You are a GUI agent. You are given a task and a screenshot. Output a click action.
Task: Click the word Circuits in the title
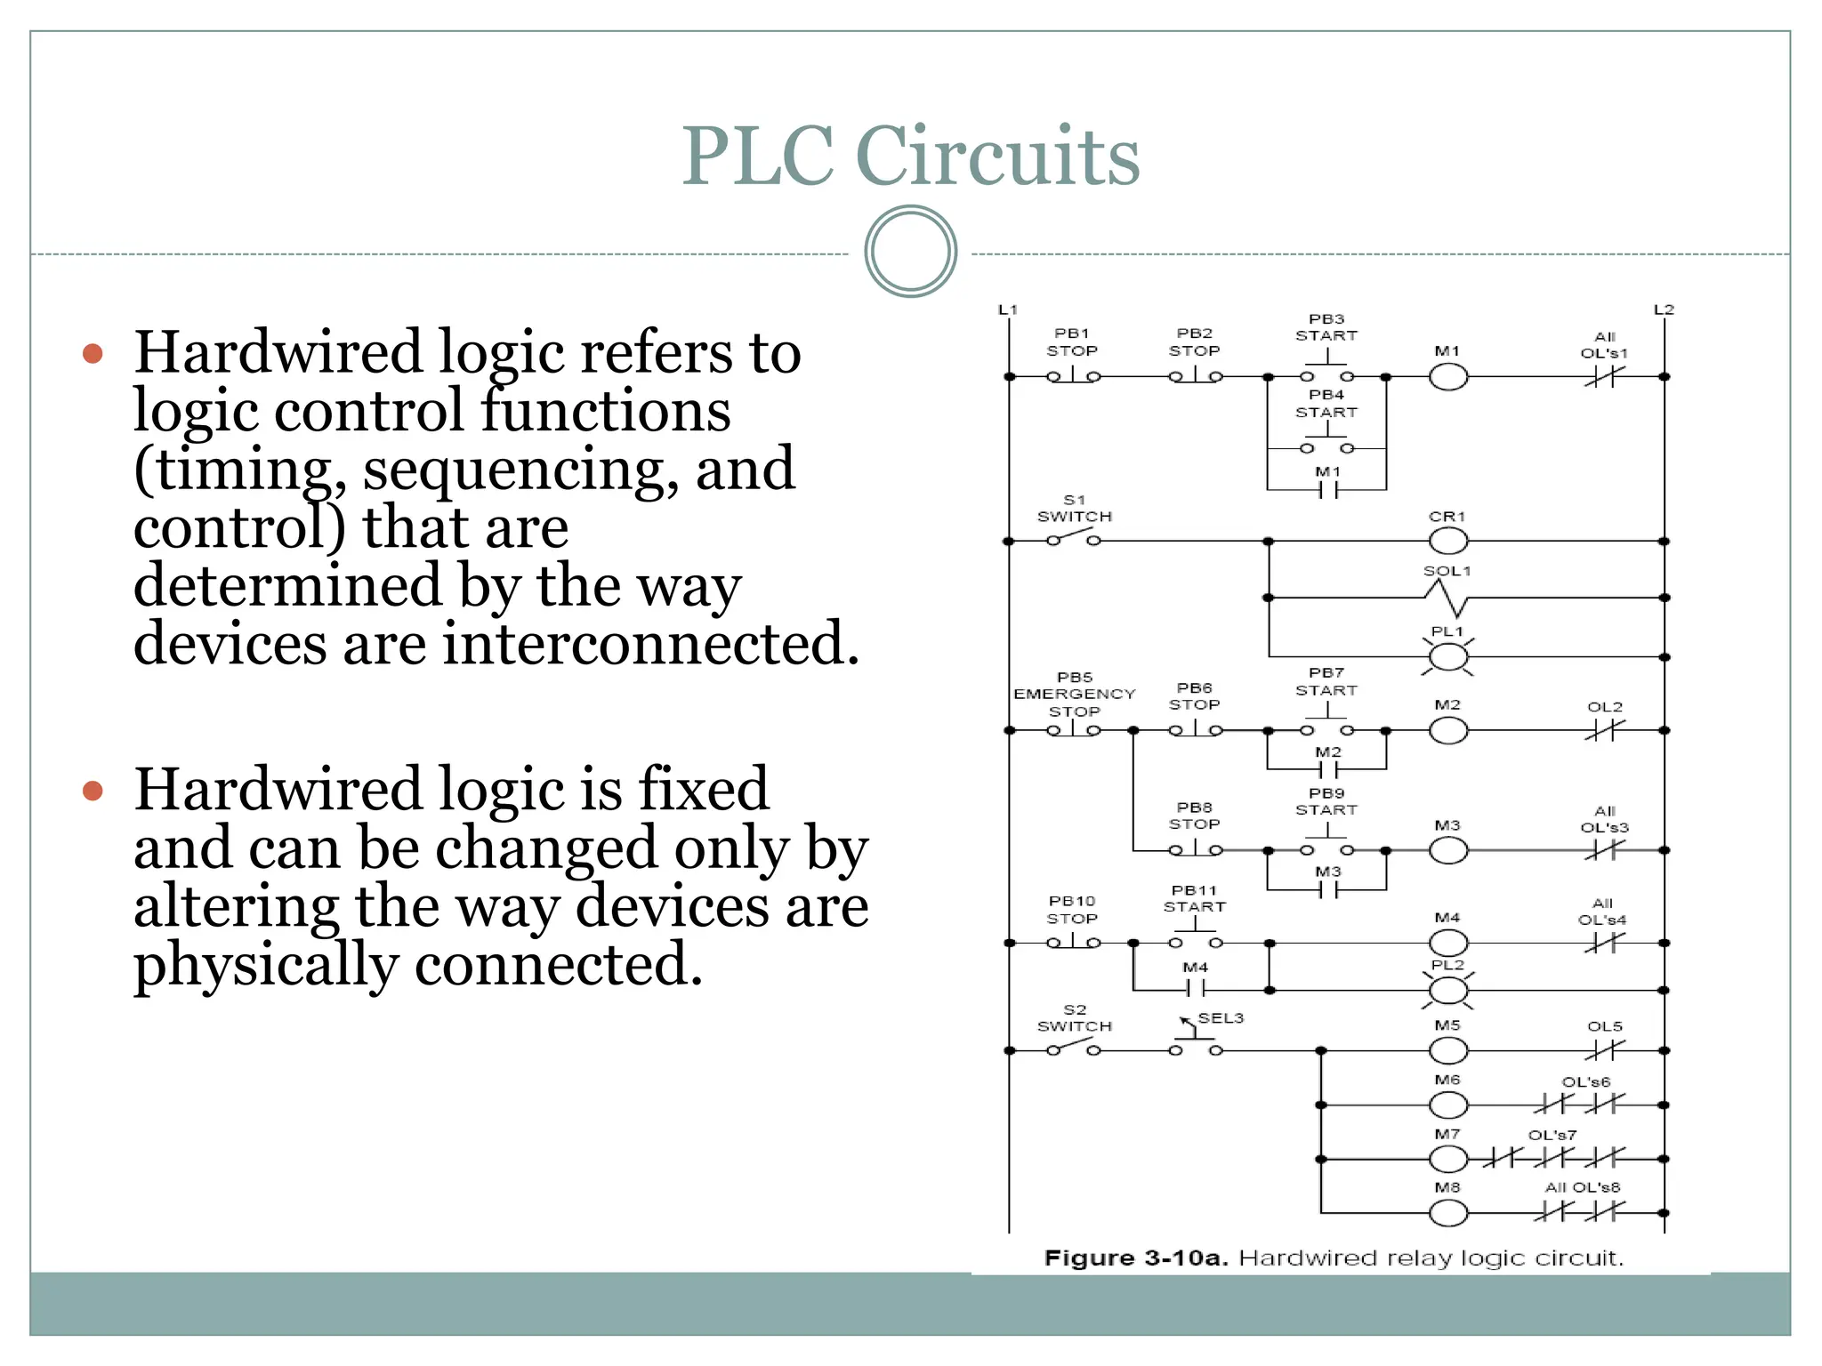[x=997, y=157]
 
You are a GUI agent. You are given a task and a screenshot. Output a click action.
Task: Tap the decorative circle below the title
[x=910, y=252]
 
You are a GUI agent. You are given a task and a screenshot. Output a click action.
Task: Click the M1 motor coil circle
[x=1447, y=377]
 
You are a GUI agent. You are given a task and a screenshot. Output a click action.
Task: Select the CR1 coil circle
[x=1447, y=541]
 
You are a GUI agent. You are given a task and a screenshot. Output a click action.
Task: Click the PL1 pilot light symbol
[x=1447, y=657]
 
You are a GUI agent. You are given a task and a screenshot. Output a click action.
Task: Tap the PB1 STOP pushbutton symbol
[x=1073, y=376]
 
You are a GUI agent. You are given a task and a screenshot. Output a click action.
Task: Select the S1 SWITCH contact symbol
[x=1073, y=538]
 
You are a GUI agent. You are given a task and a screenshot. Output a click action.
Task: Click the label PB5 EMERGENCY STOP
[x=1074, y=694]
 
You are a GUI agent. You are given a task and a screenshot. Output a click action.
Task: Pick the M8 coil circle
[x=1447, y=1212]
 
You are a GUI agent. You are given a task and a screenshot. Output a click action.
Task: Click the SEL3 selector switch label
[x=1220, y=1018]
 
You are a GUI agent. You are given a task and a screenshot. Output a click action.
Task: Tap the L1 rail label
[x=1007, y=309]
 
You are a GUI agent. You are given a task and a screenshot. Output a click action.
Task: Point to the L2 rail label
[x=1664, y=309]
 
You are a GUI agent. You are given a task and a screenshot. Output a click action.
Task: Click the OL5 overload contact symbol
[x=1604, y=1050]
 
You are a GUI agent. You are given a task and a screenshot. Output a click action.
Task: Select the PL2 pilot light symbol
[x=1447, y=990]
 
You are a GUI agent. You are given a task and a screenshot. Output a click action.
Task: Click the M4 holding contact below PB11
[x=1196, y=988]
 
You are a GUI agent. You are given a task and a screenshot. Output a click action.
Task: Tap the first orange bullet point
[x=93, y=354]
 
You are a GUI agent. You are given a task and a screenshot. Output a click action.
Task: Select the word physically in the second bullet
[x=265, y=965]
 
